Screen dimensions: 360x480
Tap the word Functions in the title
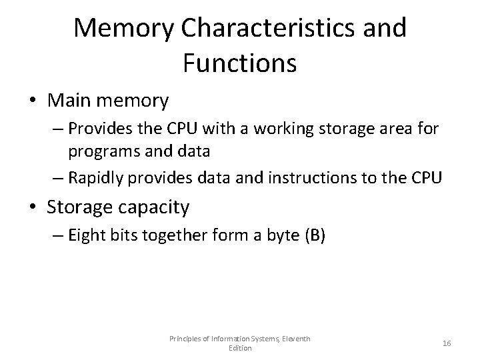[239, 64]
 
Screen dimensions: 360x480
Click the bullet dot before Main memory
[31, 102]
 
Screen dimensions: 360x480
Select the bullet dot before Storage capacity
[31, 207]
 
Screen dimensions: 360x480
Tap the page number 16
[446, 343]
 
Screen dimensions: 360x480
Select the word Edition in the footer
[240, 348]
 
